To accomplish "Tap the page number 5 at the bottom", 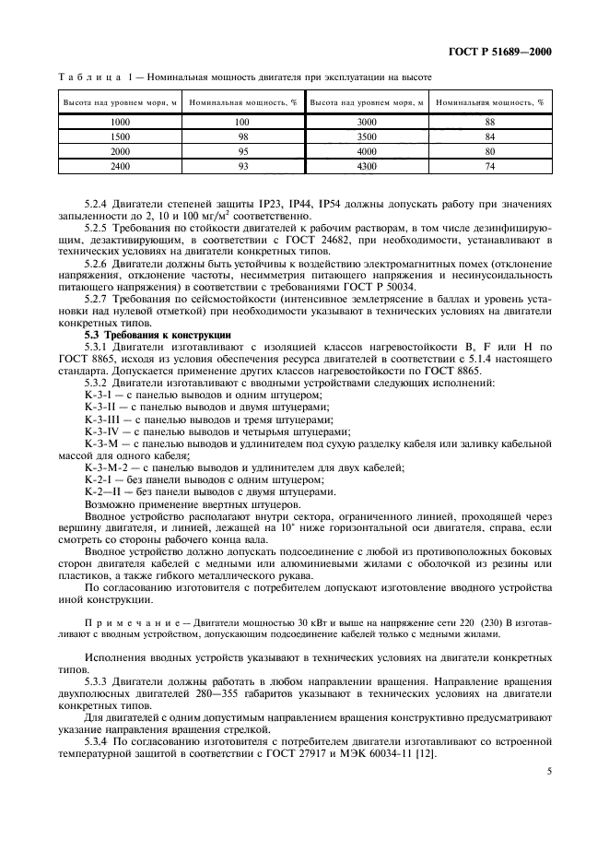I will pos(548,787).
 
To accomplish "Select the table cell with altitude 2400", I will pos(120,165).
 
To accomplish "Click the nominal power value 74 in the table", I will pos(489,165).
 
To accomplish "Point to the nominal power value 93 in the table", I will pos(242,165).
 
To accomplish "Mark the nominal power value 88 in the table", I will pos(489,122).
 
